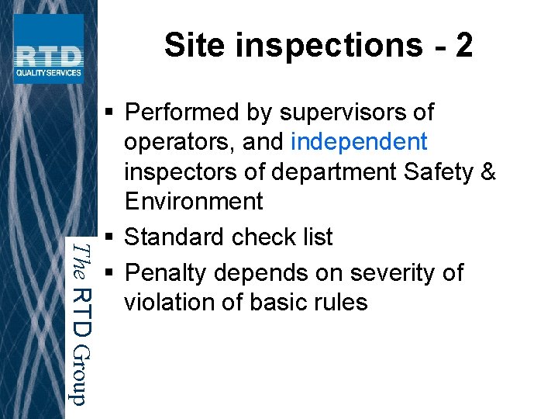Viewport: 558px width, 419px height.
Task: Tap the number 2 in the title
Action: pos(463,45)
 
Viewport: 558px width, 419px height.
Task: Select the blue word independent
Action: pos(359,142)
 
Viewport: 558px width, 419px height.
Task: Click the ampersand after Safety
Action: pos(487,171)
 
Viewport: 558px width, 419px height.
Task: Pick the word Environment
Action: pos(194,201)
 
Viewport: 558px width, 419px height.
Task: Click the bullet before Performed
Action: pos(108,113)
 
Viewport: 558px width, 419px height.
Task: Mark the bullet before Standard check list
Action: pos(108,237)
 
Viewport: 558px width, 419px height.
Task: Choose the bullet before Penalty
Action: pos(108,273)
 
